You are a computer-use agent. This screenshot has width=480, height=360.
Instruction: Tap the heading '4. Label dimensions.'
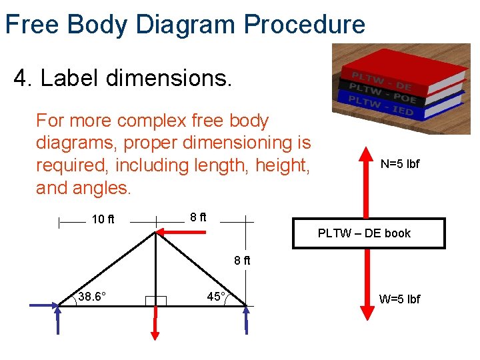tap(123, 78)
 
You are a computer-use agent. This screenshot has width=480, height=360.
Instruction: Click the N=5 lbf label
tap(400, 164)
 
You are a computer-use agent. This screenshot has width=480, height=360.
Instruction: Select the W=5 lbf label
tap(399, 299)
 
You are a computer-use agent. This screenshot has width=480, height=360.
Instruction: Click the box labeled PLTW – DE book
tap(369, 233)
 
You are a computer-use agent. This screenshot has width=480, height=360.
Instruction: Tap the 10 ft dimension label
tap(103, 219)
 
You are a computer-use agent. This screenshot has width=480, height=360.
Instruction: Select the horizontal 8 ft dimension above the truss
tap(198, 217)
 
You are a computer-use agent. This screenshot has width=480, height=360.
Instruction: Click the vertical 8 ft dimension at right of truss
tap(242, 261)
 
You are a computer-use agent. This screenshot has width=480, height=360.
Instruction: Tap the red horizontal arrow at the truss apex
tap(182, 232)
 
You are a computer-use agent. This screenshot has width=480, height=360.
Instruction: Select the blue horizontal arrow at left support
tap(44, 305)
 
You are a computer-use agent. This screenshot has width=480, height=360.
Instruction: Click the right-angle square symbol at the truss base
tap(156, 300)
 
